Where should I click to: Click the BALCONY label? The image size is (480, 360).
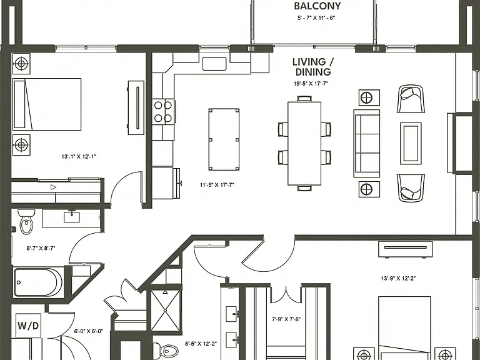(317, 6)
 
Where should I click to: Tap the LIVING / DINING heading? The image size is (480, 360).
(313, 67)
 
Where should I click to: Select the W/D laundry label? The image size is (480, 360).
(28, 326)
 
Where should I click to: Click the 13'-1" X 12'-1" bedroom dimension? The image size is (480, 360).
(79, 156)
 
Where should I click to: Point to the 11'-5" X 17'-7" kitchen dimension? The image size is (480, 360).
(217, 184)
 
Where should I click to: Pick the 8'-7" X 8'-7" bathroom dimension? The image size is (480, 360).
(41, 248)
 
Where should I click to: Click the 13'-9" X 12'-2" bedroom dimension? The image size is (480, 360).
(398, 278)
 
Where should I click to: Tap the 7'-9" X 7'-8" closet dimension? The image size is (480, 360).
(286, 319)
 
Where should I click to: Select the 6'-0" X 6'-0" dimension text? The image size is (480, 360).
(89, 331)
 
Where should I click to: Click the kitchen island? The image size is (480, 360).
(224, 139)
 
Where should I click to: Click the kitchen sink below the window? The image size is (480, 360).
(214, 63)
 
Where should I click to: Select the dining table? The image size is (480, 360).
(304, 143)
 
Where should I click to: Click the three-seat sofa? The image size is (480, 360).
(367, 143)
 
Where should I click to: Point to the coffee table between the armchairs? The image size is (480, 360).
(411, 143)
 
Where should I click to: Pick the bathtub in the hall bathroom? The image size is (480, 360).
(38, 282)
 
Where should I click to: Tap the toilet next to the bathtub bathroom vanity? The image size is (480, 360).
(26, 222)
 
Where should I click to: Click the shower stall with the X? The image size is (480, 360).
(165, 311)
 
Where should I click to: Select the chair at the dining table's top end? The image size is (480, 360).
(304, 99)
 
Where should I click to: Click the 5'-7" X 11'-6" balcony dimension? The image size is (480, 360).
(316, 17)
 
